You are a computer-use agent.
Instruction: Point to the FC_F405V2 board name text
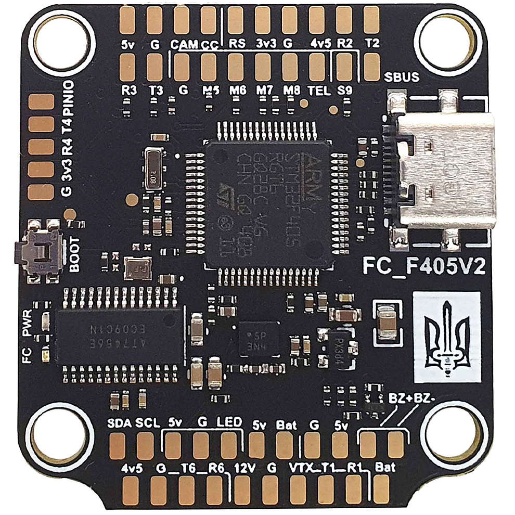point(424,266)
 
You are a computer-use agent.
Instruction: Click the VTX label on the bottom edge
point(301,467)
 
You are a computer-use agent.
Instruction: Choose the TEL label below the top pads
point(319,90)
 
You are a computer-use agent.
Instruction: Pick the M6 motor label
point(238,90)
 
